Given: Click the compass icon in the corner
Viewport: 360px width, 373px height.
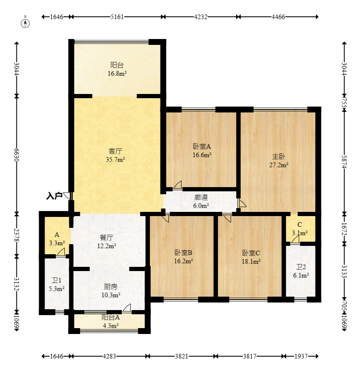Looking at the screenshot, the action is [26, 23].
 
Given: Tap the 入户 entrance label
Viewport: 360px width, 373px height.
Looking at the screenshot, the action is [54, 196].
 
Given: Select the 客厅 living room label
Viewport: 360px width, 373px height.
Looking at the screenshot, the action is [116, 151].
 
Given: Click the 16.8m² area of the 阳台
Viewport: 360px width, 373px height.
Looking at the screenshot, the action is [117, 73].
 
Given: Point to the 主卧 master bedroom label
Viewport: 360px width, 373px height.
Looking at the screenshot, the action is [279, 157].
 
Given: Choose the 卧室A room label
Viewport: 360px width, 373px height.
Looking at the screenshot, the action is [202, 146].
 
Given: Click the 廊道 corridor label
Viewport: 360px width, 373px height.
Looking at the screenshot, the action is [201, 197].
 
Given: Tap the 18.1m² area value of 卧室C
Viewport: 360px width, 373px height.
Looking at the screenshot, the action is [251, 261].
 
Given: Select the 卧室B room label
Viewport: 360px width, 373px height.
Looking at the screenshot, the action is [183, 253].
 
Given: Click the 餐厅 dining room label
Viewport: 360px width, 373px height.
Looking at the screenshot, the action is [106, 237].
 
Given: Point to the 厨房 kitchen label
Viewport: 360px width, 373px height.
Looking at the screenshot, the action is [111, 287].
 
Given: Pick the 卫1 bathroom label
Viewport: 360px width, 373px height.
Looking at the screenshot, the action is [56, 280].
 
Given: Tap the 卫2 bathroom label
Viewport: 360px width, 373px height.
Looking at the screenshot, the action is [301, 267].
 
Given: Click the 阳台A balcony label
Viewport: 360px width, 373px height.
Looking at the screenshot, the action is [111, 317].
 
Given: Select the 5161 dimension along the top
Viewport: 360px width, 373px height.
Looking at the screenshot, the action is [117, 17].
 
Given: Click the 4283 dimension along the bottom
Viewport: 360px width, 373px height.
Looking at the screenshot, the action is [109, 356].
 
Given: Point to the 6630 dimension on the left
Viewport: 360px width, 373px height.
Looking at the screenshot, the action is [16, 155].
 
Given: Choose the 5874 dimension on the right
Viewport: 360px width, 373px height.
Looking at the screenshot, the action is [344, 162].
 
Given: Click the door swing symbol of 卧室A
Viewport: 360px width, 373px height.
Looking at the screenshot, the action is [178, 185].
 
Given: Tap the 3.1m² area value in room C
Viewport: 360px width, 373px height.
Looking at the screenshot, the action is [300, 233].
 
